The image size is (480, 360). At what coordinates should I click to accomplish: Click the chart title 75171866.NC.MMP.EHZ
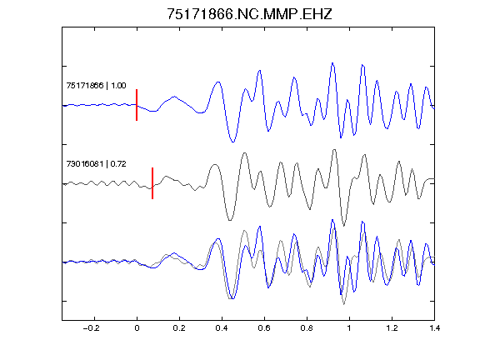[x=249, y=14]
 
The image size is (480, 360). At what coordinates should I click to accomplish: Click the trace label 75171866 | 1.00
[x=96, y=85]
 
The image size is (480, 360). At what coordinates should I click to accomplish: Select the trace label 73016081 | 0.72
[x=96, y=164]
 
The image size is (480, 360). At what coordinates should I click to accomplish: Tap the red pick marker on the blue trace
[x=137, y=105]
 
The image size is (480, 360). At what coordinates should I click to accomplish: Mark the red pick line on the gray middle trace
[x=152, y=183]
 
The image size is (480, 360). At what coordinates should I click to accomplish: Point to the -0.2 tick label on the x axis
[x=91, y=328]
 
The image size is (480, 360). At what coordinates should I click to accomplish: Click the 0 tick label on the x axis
[x=137, y=328]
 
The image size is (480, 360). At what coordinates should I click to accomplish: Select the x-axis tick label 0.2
[x=179, y=328]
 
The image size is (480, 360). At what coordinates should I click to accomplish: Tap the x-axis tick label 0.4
[x=222, y=328]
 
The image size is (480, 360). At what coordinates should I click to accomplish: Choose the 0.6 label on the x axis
[x=264, y=328]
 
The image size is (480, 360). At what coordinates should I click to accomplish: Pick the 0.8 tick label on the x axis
[x=307, y=328]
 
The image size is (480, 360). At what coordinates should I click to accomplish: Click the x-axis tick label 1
[x=349, y=328]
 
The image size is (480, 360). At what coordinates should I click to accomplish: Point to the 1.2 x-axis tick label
[x=392, y=328]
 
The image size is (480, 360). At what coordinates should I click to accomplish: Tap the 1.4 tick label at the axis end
[x=434, y=328]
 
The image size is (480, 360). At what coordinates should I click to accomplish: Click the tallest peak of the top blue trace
[x=332, y=63]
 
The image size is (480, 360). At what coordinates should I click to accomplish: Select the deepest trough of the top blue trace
[x=233, y=142]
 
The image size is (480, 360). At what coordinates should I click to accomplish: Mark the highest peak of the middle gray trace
[x=334, y=150]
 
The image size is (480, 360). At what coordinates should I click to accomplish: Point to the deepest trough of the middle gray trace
[x=344, y=226]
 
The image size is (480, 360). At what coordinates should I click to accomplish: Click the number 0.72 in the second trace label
[x=118, y=164]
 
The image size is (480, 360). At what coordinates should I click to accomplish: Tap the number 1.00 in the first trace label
[x=118, y=85]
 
